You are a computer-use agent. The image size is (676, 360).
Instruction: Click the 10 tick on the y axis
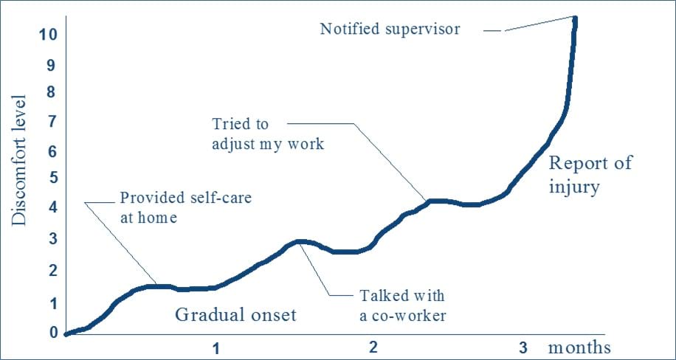(47, 35)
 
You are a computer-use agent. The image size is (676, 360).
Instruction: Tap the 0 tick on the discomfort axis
(52, 333)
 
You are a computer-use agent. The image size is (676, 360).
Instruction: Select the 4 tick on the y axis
(52, 208)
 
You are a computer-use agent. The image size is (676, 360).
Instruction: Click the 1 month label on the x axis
(218, 348)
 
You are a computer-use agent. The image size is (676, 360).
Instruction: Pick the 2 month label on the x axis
(373, 347)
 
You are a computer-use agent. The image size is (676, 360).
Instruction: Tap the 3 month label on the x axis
(523, 347)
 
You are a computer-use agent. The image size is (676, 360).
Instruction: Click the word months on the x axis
(579, 347)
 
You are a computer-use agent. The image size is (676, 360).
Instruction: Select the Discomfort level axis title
(19, 159)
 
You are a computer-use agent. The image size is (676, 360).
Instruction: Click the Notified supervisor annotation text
(390, 30)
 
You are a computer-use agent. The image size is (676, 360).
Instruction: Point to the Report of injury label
(590, 176)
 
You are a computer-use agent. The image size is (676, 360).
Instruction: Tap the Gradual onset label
(236, 315)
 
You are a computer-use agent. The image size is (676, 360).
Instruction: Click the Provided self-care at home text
(185, 208)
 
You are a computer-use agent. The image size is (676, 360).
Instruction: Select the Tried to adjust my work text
(268, 134)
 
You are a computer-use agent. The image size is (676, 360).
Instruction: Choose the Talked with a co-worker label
(401, 306)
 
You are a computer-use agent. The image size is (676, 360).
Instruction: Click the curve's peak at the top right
(575, 18)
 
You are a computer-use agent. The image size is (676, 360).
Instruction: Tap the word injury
(574, 188)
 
